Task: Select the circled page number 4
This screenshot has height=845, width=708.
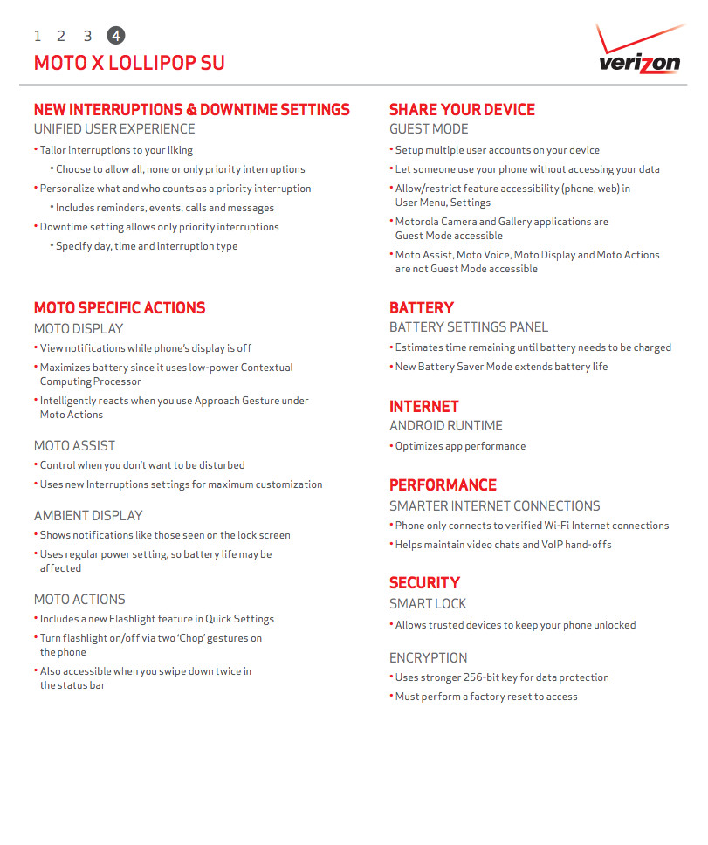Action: pyautogui.click(x=115, y=36)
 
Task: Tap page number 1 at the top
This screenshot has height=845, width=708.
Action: pyautogui.click(x=38, y=36)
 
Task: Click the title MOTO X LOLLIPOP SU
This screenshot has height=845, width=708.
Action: pyautogui.click(x=129, y=64)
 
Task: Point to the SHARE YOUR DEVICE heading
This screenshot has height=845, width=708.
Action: pyautogui.click(x=462, y=110)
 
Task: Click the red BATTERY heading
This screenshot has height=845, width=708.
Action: pyautogui.click(x=422, y=308)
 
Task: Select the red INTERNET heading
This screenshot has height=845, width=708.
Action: pyautogui.click(x=424, y=407)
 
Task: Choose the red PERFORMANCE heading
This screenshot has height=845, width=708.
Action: pyautogui.click(x=443, y=485)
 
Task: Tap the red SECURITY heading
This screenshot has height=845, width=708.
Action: pyautogui.click(x=424, y=583)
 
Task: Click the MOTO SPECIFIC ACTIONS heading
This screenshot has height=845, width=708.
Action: pyautogui.click(x=120, y=308)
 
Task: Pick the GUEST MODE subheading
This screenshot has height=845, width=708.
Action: pyautogui.click(x=429, y=129)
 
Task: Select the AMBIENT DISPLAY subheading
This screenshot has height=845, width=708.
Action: pyautogui.click(x=88, y=516)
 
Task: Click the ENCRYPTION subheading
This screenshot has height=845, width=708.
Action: pyautogui.click(x=429, y=658)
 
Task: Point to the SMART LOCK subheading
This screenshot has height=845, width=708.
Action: pyautogui.click(x=428, y=604)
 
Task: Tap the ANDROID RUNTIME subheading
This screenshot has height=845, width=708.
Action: pyautogui.click(x=446, y=426)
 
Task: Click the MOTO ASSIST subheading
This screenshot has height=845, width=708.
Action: pyautogui.click(x=75, y=446)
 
